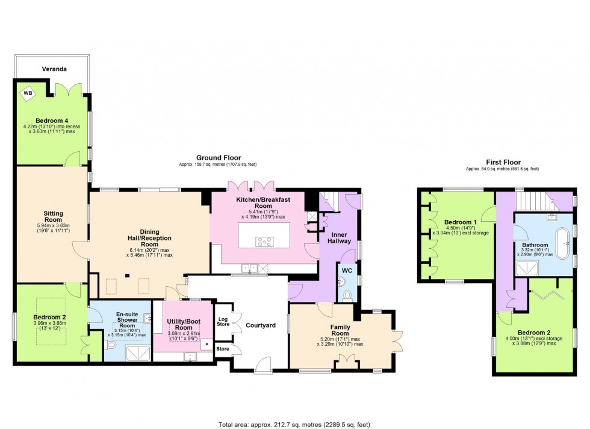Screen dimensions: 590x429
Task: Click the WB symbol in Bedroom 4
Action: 28,93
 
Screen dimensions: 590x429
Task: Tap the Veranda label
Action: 54,69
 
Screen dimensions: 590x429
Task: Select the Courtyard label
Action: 261,325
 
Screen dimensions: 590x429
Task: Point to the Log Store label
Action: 223,322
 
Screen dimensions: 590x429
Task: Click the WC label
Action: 347,271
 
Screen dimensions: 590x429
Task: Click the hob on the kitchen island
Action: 264,242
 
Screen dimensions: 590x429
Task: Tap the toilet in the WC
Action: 347,295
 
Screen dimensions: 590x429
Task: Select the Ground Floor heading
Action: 219,158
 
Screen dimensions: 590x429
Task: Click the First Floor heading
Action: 503,162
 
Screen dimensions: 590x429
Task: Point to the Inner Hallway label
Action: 339,237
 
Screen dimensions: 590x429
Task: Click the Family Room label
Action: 340,330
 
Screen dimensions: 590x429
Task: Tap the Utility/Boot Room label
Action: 184,324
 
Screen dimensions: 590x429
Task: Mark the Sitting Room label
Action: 53,216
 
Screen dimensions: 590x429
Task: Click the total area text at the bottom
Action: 294,424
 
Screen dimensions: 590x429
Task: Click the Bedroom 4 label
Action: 52,121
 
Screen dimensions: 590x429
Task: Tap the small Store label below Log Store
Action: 223,349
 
